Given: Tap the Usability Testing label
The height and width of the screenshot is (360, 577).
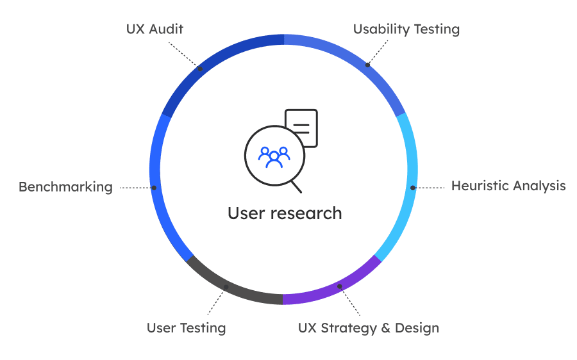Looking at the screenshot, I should [406, 29].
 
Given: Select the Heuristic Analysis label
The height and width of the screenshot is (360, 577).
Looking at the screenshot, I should [508, 186].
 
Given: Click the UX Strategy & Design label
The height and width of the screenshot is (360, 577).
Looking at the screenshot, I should [369, 328].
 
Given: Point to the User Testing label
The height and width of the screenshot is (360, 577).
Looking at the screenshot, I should [187, 328].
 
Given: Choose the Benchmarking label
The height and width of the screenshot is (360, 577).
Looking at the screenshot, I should [65, 187].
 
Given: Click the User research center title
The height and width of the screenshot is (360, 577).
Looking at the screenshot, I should [285, 213].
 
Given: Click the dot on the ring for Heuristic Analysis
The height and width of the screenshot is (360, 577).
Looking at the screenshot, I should [413, 188].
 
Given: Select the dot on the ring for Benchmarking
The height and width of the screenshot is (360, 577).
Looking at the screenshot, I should [154, 188].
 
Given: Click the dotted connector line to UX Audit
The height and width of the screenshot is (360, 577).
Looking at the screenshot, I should [185, 54].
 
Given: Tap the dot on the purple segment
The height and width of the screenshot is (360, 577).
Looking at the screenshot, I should [340, 286].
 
